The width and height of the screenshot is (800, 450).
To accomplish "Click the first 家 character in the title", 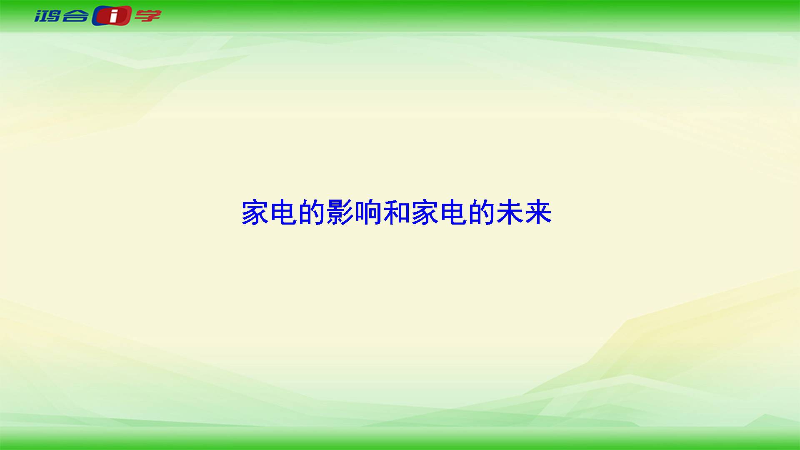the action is (255, 213).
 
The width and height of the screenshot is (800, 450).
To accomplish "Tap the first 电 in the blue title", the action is (284, 213).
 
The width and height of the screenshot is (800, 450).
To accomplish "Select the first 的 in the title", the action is (312, 213).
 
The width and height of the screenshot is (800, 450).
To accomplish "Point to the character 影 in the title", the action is (340, 213).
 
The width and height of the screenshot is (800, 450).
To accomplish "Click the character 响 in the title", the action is (368, 213).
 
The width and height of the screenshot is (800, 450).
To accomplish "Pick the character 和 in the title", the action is (397, 213).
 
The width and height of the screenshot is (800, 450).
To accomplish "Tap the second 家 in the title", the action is (425, 213).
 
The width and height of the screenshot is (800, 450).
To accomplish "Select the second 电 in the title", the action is (453, 213).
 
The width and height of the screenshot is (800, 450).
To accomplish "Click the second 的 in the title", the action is (482, 213).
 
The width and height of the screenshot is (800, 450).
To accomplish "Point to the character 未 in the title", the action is (510, 213).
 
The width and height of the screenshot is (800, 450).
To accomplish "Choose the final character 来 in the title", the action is (538, 213).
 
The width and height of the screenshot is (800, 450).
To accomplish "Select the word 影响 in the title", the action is (354, 213).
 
